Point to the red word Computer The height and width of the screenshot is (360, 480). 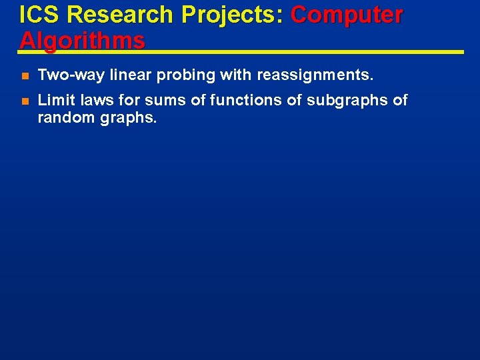pos(347,15)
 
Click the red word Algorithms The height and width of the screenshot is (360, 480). pos(82,40)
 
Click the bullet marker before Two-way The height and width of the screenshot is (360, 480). pos(24,76)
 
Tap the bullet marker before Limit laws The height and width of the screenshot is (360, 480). pos(24,101)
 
